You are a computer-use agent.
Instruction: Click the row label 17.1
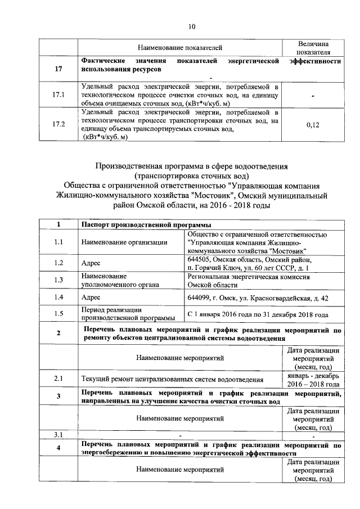(58, 95)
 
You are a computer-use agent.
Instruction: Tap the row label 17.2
(58, 124)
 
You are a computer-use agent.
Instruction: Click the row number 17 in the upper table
(58, 69)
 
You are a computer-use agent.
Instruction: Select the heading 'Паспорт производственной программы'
(142, 225)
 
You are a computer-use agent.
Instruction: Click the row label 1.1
(58, 242)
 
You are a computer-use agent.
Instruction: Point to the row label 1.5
(58, 313)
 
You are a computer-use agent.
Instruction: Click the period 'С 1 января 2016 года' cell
(257, 314)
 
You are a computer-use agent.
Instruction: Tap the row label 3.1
(58, 434)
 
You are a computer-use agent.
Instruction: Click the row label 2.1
(58, 379)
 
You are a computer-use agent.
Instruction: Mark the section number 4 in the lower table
(58, 448)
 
